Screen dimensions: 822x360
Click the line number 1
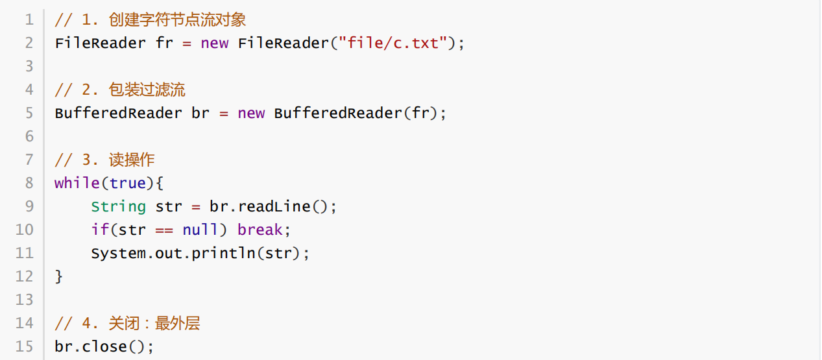tap(29, 20)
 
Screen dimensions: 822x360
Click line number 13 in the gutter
tap(25, 300)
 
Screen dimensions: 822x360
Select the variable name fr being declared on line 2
tap(165, 43)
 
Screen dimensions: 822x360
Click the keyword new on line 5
tap(251, 113)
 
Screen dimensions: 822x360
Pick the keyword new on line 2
tap(214, 43)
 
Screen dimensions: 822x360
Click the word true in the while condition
tap(128, 183)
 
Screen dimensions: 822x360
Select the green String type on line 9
tap(118, 206)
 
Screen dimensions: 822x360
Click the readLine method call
tap(274, 206)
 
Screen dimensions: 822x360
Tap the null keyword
tap(200, 230)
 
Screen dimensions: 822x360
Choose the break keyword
tap(260, 230)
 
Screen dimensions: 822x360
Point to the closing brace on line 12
tap(59, 276)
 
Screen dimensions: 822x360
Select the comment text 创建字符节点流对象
tap(177, 20)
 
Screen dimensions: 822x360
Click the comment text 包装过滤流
tap(147, 90)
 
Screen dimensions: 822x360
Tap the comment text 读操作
tap(132, 160)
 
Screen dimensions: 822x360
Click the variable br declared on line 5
tap(200, 113)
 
